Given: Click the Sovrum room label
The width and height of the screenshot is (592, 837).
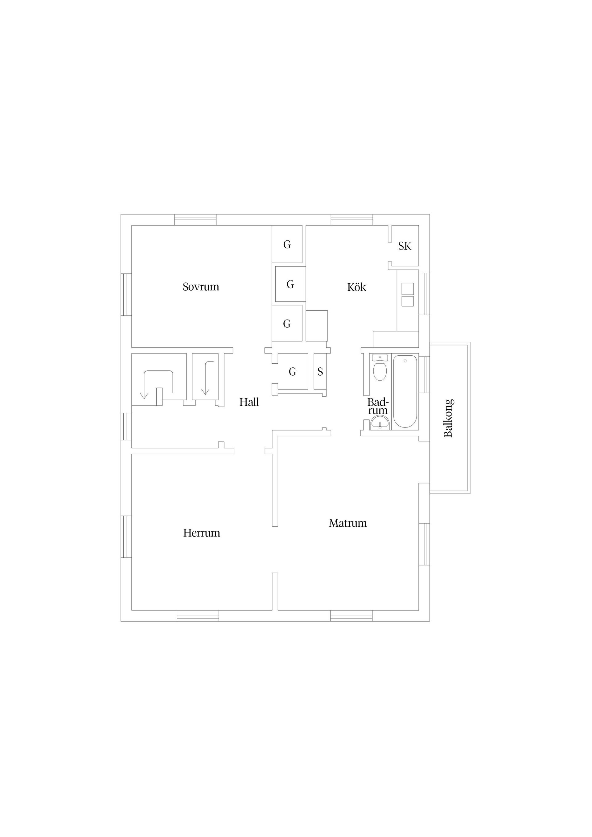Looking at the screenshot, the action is tap(201, 287).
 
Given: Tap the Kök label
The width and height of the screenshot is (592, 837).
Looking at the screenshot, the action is tap(356, 287).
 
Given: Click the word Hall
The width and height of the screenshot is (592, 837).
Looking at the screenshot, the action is tap(249, 402).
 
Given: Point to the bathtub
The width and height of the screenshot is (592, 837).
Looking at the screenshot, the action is tap(405, 391).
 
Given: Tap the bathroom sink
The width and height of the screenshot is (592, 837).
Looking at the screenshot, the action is tap(380, 424).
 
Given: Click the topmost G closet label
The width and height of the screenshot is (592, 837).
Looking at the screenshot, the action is tap(287, 245).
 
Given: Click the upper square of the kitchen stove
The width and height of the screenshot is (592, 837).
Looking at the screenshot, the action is tap(407, 289).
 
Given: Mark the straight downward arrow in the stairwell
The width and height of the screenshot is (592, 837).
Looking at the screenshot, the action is tap(206, 378).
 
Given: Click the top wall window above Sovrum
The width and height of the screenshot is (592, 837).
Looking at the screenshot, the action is tap(195, 220).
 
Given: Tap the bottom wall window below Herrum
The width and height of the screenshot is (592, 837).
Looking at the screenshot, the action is tap(198, 616).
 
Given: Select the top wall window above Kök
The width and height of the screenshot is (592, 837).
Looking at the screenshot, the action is tap(352, 220).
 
